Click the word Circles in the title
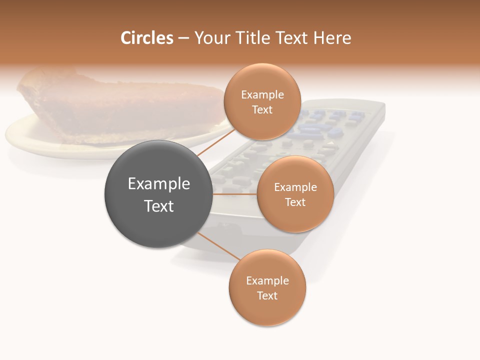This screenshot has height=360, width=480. coord(147,38)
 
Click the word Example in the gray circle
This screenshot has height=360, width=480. coord(159,184)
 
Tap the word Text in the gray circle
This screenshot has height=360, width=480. coord(159,206)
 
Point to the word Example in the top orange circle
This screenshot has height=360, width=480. coord(262,95)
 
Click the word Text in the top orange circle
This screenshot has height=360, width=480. coord(262,110)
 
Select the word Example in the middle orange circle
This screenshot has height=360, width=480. coord(295,187)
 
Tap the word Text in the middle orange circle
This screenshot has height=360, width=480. coord(295,202)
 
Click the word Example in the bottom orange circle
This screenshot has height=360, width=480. coord(267,281)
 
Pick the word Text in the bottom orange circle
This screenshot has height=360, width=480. coord(267,296)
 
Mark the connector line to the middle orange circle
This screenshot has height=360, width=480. coord(234,194)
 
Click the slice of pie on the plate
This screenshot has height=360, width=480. coord(120,107)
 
